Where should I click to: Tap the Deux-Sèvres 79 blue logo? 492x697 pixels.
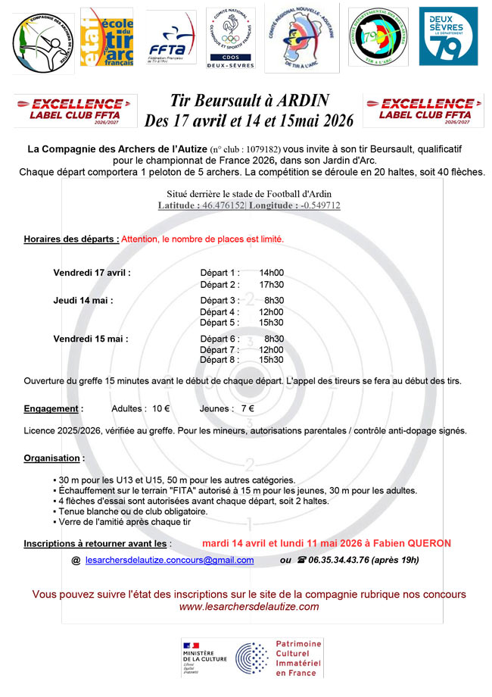(x=448, y=36)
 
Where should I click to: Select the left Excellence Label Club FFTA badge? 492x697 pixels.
(x=75, y=111)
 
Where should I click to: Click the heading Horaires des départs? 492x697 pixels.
(x=71, y=239)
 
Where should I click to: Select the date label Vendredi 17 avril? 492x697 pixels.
(x=92, y=273)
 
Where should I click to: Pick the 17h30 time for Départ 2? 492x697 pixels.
(x=271, y=285)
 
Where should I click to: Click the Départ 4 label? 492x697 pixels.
(x=220, y=311)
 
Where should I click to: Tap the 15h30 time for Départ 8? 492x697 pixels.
(x=271, y=360)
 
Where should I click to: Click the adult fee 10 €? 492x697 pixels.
(x=160, y=408)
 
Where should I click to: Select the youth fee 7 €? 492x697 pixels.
(x=248, y=408)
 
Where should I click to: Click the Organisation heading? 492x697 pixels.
(x=52, y=458)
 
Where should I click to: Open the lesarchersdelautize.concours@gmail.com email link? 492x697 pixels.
(x=170, y=561)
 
